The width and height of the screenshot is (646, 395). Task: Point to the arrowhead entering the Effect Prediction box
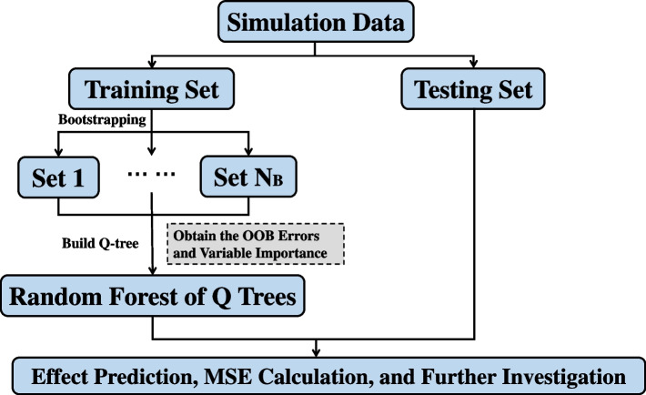pos(317,353)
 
